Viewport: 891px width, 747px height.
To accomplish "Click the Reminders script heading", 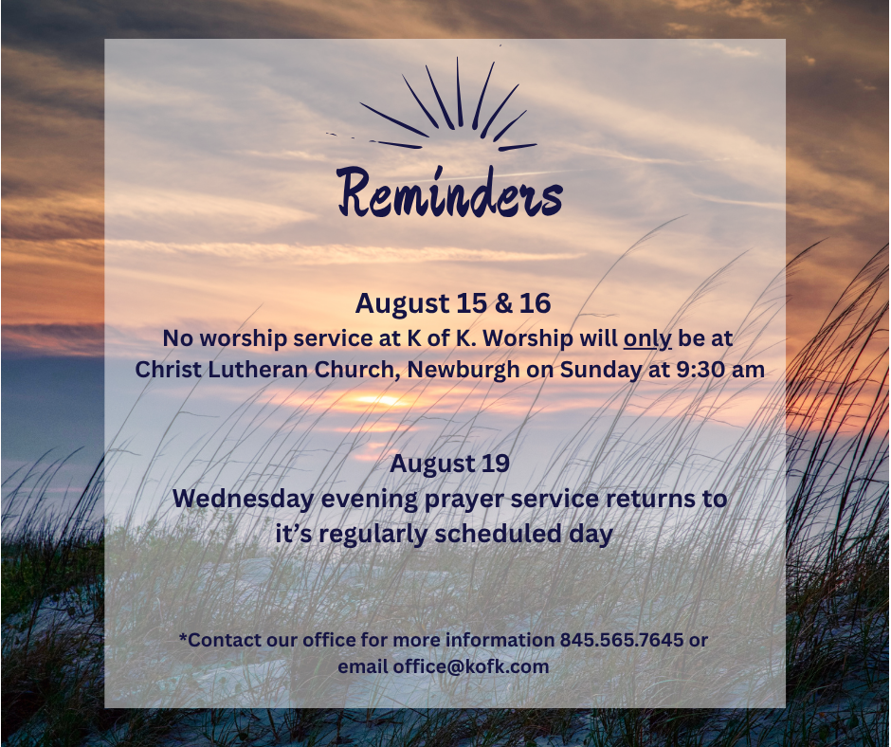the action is click(x=449, y=192).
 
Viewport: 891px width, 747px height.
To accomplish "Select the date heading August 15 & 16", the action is click(x=453, y=303).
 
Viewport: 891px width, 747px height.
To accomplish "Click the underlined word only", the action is click(x=647, y=339).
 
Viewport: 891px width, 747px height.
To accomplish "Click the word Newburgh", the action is click(x=464, y=371).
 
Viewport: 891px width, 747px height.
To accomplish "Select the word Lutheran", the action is click(x=258, y=370).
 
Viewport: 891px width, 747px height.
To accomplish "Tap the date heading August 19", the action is click(x=449, y=464).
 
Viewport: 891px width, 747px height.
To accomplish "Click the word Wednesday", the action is click(x=244, y=500).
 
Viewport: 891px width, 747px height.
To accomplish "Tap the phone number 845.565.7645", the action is click(x=622, y=640).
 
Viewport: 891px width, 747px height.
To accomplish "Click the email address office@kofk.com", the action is click(x=471, y=666).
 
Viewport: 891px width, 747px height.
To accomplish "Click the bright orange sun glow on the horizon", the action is click(x=382, y=400).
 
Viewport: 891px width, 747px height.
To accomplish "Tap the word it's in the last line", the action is click(x=293, y=535).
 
